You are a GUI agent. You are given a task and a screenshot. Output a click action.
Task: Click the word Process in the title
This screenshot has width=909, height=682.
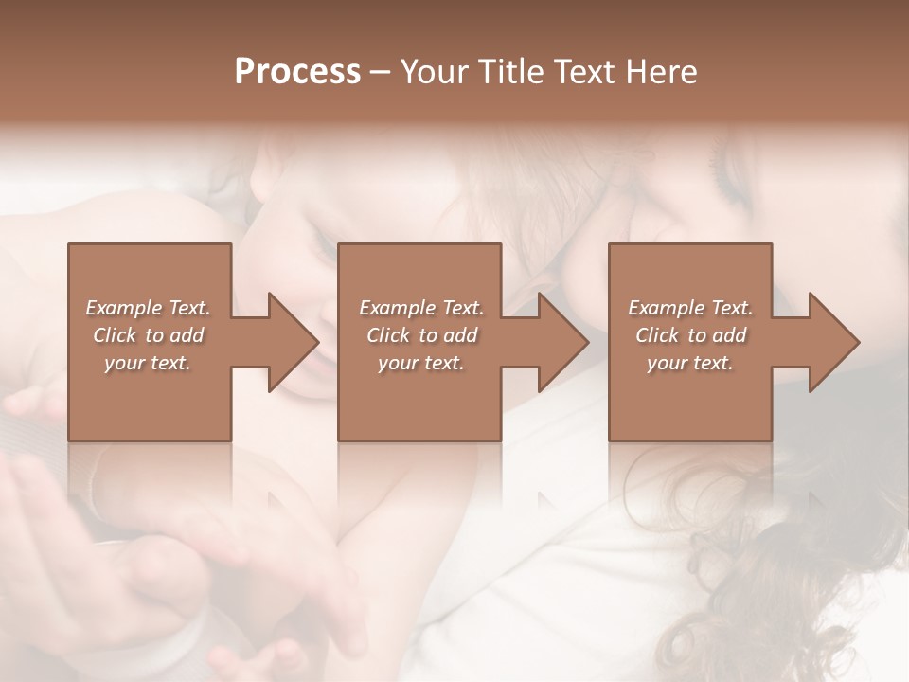click(297, 72)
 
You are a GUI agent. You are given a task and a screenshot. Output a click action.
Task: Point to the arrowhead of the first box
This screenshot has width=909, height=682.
click(293, 342)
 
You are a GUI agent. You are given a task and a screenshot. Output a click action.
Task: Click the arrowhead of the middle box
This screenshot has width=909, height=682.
click(562, 342)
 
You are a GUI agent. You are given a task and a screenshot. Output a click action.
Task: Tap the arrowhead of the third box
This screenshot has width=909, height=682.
click(833, 342)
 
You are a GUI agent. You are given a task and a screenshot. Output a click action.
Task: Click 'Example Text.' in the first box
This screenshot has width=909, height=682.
click(149, 308)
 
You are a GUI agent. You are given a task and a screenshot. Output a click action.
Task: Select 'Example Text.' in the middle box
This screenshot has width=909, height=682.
click(420, 308)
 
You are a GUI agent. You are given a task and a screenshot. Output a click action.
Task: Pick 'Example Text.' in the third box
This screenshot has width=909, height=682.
click(690, 308)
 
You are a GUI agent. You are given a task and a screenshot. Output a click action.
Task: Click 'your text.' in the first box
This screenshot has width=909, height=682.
click(148, 363)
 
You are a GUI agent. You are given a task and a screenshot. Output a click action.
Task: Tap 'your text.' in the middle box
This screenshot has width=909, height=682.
click(420, 363)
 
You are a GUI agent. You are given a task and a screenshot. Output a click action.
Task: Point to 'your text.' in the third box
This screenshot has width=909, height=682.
click(690, 363)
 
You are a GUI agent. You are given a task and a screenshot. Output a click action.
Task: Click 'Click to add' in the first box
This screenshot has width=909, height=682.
click(149, 335)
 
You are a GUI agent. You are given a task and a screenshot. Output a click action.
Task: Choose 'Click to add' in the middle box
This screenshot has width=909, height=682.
click(420, 335)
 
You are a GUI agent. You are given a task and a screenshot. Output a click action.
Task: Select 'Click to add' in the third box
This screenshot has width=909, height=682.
click(690, 335)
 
